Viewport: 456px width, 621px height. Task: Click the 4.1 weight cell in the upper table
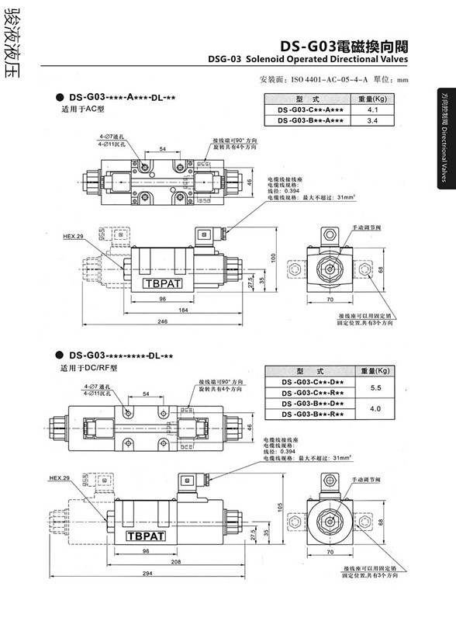(x=371, y=111)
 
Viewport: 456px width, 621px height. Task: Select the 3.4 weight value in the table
(x=371, y=121)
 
